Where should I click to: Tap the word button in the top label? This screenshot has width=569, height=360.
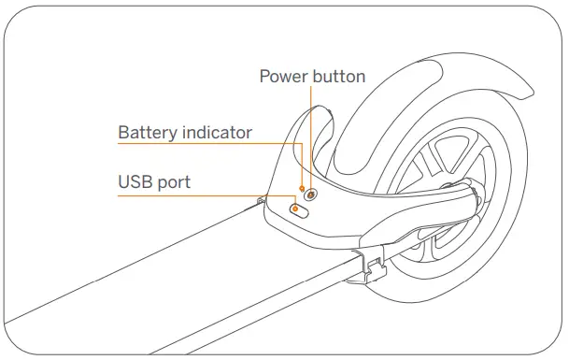coord(337,76)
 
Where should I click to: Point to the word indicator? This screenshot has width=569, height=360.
coord(219,133)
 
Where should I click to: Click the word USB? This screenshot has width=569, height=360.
coord(136,181)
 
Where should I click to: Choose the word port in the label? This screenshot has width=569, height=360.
coord(173,181)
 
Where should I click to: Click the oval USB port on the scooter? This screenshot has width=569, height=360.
coord(299,210)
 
